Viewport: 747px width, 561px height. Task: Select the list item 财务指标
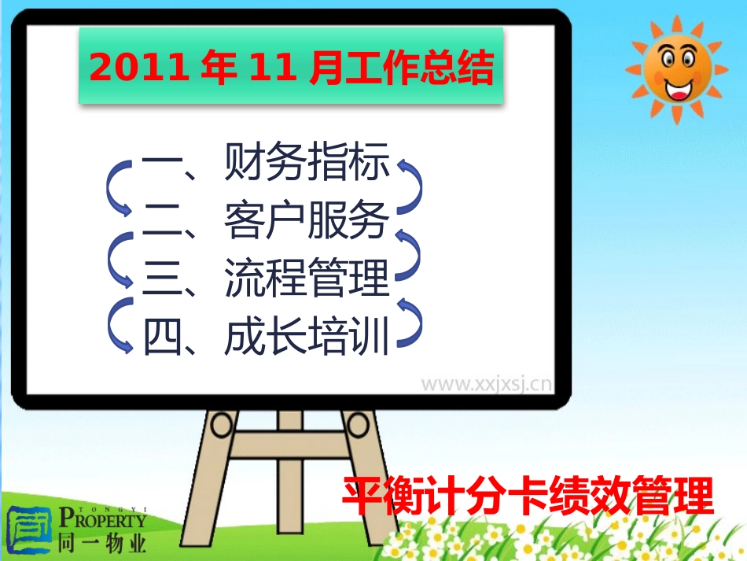coord(307,164)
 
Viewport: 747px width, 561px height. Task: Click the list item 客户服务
coord(307,221)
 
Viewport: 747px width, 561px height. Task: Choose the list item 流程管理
coord(307,279)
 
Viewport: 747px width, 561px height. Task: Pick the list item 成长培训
coord(307,337)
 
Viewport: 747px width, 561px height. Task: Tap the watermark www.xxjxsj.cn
coord(485,385)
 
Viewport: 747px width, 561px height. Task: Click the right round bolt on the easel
coord(359,426)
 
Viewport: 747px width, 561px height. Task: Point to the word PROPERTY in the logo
coord(102,519)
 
